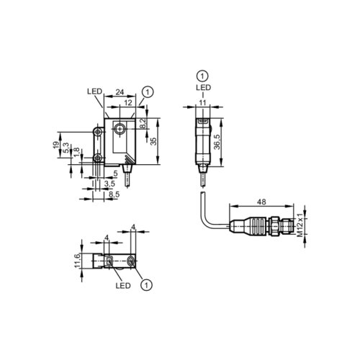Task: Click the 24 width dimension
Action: point(120,91)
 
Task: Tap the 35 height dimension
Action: point(152,140)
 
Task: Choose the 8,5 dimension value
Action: point(113,194)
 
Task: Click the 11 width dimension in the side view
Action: point(202,103)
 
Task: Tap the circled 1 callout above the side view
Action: point(202,76)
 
